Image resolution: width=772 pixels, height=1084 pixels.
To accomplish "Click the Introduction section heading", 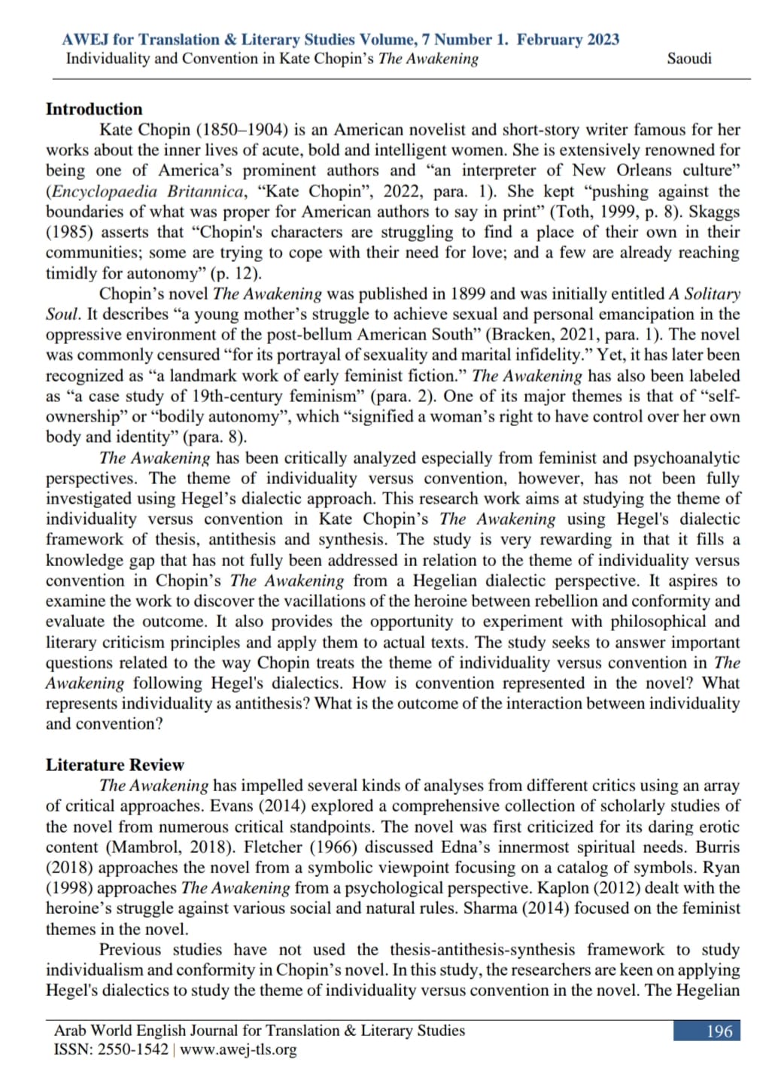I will coord(94,109).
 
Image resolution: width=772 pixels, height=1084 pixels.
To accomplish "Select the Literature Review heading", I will coord(114,765).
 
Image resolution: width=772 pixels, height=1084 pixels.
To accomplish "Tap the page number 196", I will coord(719,1031).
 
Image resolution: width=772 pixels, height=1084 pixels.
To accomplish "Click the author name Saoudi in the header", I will coord(688,59).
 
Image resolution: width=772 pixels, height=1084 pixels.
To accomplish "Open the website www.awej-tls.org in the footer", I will coord(239,1049).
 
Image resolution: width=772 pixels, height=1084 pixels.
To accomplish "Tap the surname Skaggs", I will coord(714,212).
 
